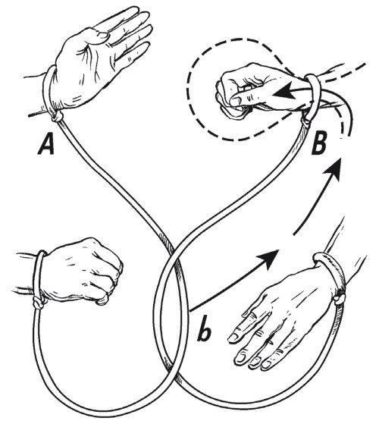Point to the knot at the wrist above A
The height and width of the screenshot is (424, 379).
click(58, 117)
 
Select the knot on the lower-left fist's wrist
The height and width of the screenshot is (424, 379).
click(38, 303)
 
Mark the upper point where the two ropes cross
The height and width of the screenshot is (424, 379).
click(172, 253)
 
